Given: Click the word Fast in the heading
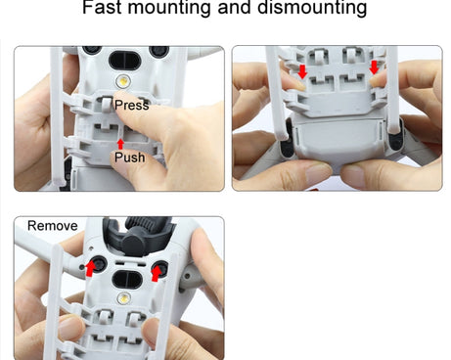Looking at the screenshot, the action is pos(102,7).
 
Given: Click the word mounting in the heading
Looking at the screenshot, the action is pos(169,8).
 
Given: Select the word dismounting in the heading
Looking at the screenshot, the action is pos(312,8).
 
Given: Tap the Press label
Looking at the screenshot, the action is pos(132,105).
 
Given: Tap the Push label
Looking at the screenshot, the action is pos(130,157).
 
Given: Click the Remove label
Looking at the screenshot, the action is pos(53,226).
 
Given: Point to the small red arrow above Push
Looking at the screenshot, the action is pos(120,144).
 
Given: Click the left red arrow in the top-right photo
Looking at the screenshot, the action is pos(302,71).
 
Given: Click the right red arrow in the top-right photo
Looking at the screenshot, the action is pos(374,67).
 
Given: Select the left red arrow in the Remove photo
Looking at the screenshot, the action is pos(90,268).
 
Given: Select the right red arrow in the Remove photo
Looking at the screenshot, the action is pos(157,273).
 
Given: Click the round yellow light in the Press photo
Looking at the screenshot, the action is pos(123,80).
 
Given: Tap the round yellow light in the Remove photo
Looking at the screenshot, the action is pos(124,297).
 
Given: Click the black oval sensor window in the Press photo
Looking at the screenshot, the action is pos(123,61).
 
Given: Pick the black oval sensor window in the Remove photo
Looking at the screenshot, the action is pos(127,280).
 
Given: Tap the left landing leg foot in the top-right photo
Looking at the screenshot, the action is pos(283,135).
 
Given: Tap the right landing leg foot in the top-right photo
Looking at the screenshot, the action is pos(394,129).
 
